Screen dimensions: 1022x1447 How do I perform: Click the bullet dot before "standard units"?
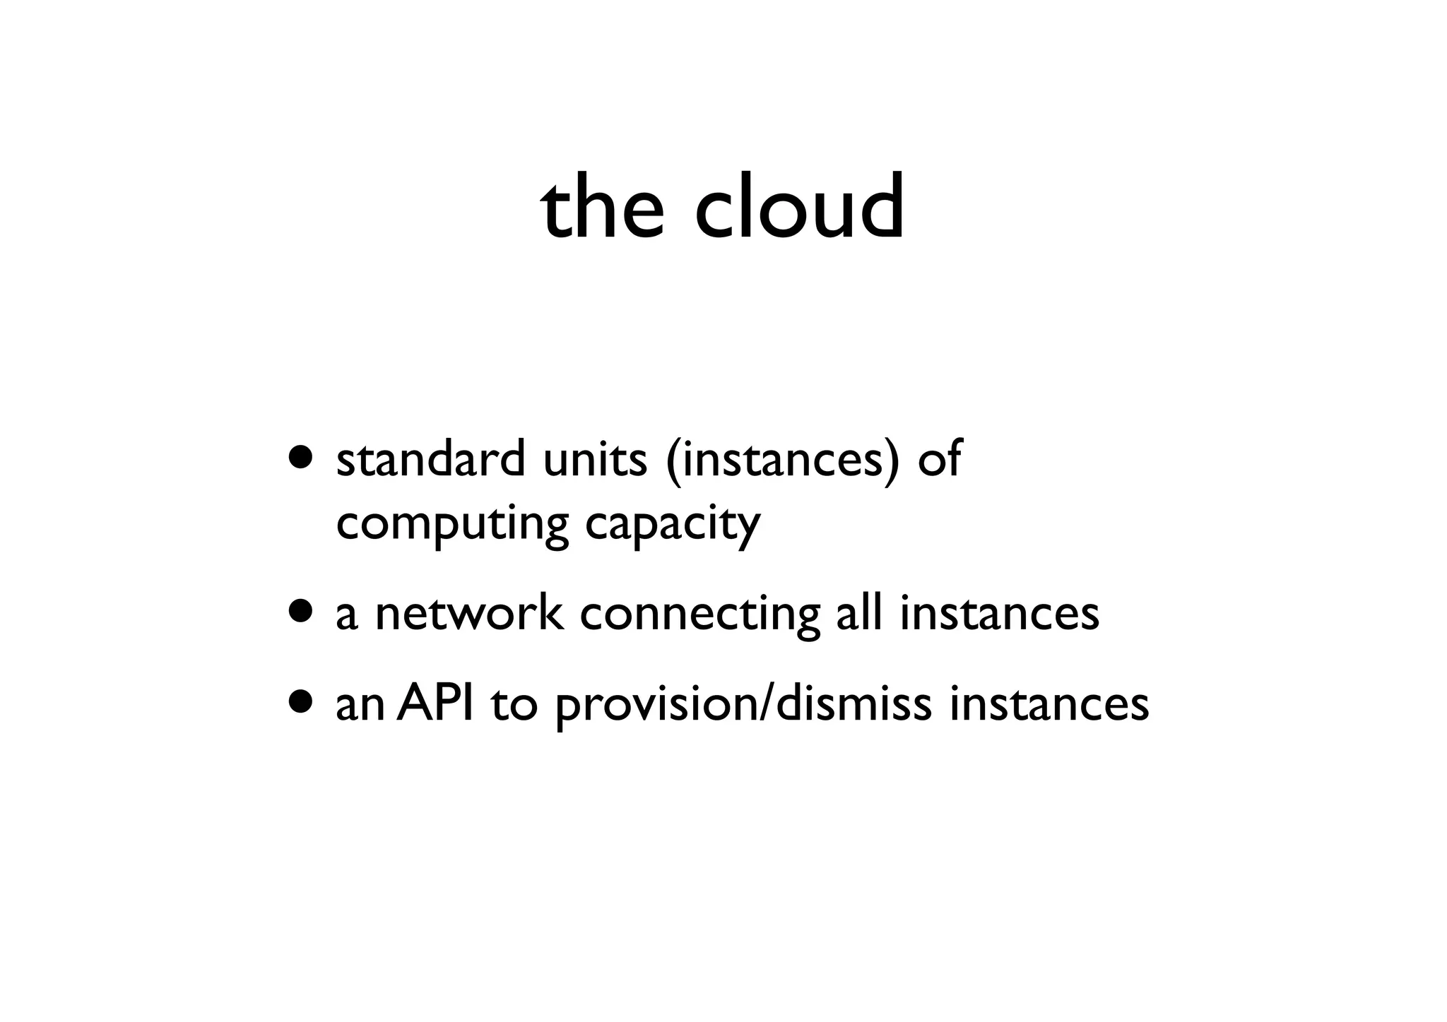tap(302, 458)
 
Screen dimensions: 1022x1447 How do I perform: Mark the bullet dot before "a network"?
tap(302, 612)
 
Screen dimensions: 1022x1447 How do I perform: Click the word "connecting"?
tap(699, 614)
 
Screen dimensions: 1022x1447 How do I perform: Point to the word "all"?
tap(859, 612)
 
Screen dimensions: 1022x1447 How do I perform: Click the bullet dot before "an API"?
tap(302, 702)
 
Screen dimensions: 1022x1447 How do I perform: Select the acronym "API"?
tap(435, 703)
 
